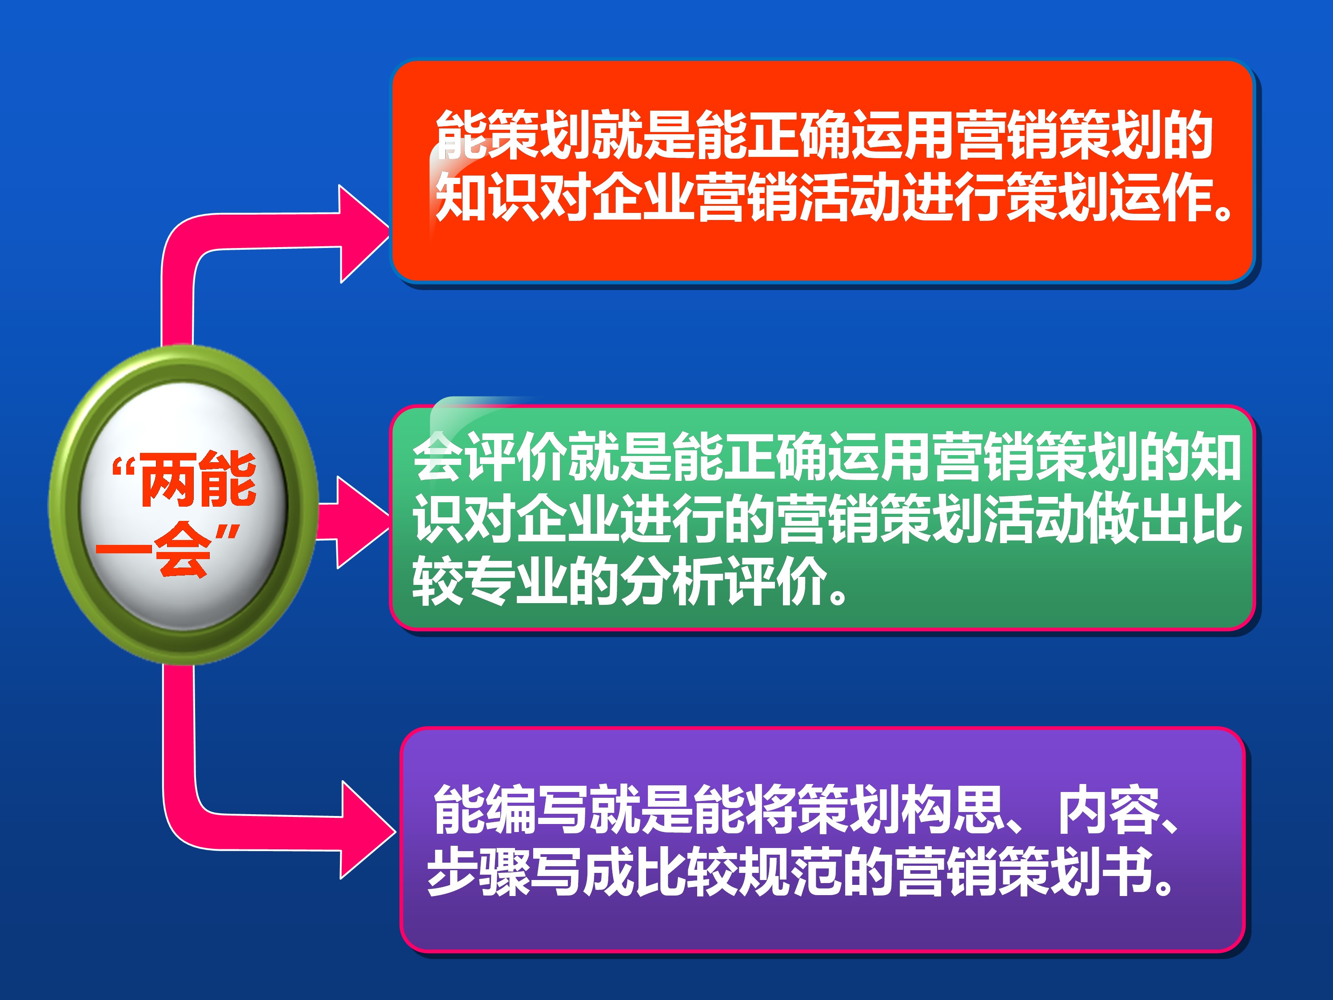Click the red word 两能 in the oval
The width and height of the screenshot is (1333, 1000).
pos(198,479)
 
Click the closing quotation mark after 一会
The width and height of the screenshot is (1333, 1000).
pos(228,533)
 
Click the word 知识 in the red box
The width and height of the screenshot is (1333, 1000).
pos(487,195)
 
